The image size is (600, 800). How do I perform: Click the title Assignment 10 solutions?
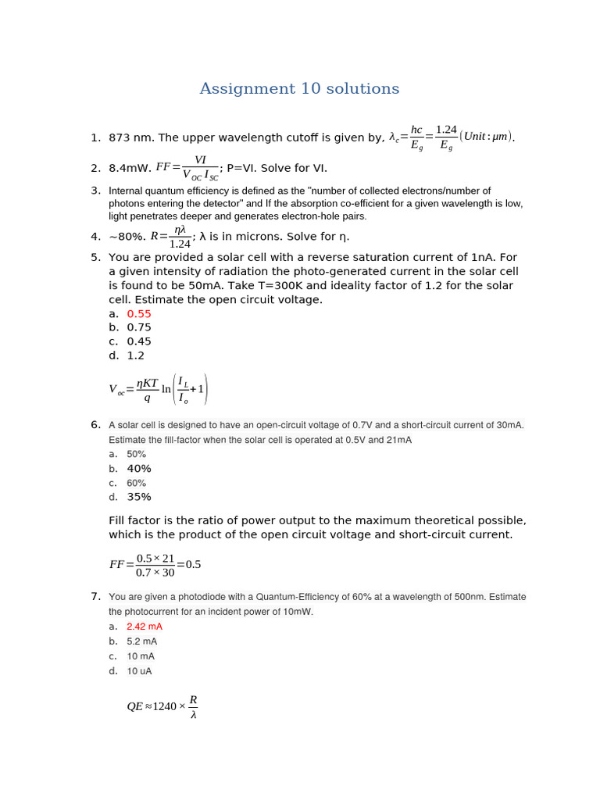pos(299,89)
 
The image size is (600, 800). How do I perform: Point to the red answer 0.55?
pos(139,314)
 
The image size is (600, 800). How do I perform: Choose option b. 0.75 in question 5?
pos(139,328)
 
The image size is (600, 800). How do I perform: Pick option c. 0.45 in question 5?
pos(139,342)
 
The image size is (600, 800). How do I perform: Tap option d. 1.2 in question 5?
pos(136,356)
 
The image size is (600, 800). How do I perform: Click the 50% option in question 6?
pos(137,455)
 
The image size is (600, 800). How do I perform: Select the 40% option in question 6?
pos(139,469)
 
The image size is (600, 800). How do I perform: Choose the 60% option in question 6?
pos(137,484)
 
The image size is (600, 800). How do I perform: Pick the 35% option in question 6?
pos(139,498)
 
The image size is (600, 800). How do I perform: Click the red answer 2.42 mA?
pos(145,627)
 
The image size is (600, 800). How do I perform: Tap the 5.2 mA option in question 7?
pos(142,642)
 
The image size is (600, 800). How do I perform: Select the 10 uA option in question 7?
pos(140,672)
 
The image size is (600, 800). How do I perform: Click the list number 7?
pos(95,597)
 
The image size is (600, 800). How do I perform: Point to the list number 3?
pos(95,191)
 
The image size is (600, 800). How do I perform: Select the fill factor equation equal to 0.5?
pos(155,565)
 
